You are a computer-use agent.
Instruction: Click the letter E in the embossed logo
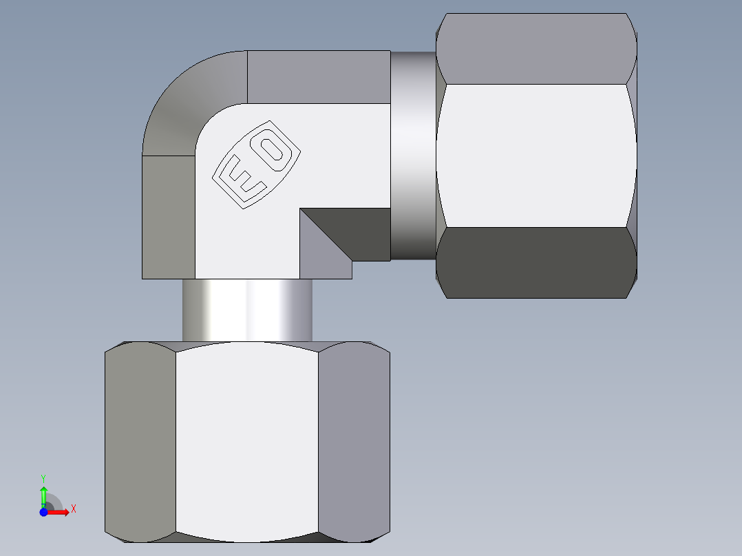coord(241,180)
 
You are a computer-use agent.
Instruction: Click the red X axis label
coord(73,509)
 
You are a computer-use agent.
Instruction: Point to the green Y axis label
coord(43,478)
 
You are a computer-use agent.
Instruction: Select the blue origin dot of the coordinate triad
coord(43,512)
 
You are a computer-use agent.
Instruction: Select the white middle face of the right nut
coord(536,156)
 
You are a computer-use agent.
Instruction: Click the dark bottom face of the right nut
coord(536,263)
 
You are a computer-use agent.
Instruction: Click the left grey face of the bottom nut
coord(140,440)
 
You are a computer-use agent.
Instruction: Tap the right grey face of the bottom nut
coord(354,440)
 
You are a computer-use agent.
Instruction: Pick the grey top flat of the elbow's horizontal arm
coord(318,76)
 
